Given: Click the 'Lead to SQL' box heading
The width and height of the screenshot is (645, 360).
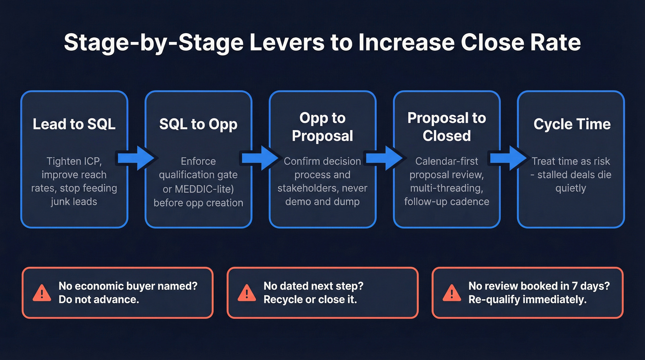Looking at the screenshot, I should point(74,124).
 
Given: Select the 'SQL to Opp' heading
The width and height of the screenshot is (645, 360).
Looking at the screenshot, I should point(198,124).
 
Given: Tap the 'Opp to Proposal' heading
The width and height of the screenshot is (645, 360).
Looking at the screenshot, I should point(322,127).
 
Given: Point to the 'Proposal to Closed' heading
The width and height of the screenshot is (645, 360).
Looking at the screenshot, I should point(446,127).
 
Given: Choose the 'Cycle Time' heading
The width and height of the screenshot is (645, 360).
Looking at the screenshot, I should point(572,124).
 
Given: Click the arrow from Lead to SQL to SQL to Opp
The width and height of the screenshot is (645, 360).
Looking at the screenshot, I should point(135,159).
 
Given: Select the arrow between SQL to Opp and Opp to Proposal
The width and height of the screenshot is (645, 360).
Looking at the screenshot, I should point(260,159).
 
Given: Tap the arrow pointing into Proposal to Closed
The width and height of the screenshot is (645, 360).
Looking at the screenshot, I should point(384,159).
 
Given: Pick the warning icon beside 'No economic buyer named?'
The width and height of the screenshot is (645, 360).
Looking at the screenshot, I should point(42,293).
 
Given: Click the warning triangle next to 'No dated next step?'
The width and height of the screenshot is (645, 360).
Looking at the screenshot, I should point(247,293).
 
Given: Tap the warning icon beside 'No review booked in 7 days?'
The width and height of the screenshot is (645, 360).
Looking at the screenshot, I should point(452,293).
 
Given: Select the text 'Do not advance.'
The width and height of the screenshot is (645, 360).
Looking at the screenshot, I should point(99,300).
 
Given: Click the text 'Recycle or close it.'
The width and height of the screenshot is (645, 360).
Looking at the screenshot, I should point(311,300).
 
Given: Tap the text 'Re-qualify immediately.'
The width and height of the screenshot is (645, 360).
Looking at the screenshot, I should point(527,300).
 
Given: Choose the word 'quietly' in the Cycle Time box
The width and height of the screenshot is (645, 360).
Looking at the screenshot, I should point(571,188).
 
